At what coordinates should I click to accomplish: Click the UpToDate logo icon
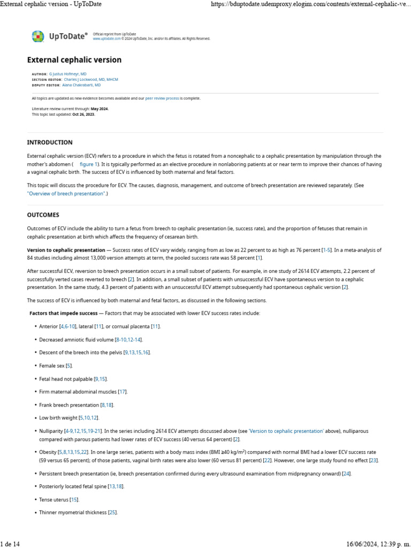click(37, 36)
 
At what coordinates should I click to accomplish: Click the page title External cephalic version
click(74, 60)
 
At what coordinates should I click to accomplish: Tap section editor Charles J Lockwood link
click(91, 79)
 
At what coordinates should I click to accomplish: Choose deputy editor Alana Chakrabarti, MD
click(81, 85)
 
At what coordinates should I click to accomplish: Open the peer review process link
click(162, 98)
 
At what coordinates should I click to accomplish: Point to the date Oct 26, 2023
click(83, 114)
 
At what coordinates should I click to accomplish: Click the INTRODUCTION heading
click(50, 142)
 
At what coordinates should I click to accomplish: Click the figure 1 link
click(89, 164)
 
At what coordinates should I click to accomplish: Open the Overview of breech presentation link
click(66, 194)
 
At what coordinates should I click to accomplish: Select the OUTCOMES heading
click(43, 215)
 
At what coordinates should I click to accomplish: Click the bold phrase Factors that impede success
click(63, 313)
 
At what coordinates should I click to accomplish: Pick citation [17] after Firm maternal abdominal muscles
click(123, 392)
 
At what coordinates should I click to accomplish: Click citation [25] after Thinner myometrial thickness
click(112, 513)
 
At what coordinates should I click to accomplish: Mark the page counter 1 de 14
click(10, 544)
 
